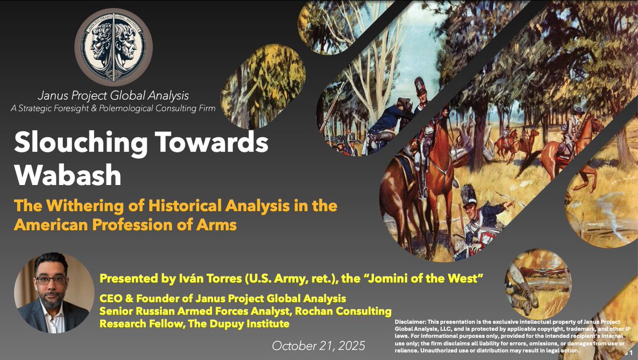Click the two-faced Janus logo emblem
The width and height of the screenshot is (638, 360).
[x=113, y=47]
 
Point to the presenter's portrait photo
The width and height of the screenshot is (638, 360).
[x=51, y=292]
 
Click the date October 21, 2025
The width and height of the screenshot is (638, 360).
[x=318, y=345]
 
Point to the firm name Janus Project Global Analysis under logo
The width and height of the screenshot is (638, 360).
[x=113, y=96]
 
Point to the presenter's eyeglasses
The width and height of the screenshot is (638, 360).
[x=51, y=280]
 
